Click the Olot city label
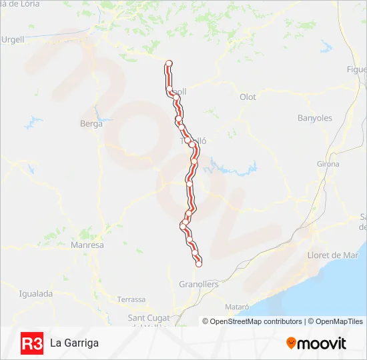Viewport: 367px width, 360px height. (248, 97)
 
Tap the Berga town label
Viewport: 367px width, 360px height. (91, 124)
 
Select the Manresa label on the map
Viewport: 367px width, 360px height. (87, 245)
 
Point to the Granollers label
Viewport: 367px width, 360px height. (198, 285)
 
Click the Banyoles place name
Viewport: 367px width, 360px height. (314, 119)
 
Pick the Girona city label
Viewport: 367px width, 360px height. (328, 164)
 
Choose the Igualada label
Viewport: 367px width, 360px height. (35, 293)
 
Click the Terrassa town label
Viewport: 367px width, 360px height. (131, 299)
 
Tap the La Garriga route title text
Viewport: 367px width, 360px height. (74, 343)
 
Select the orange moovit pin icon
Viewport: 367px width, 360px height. (291, 343)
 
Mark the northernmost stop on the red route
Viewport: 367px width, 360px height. (169, 63)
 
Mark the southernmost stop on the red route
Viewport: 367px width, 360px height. (198, 264)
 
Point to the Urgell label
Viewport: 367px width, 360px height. (13, 40)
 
